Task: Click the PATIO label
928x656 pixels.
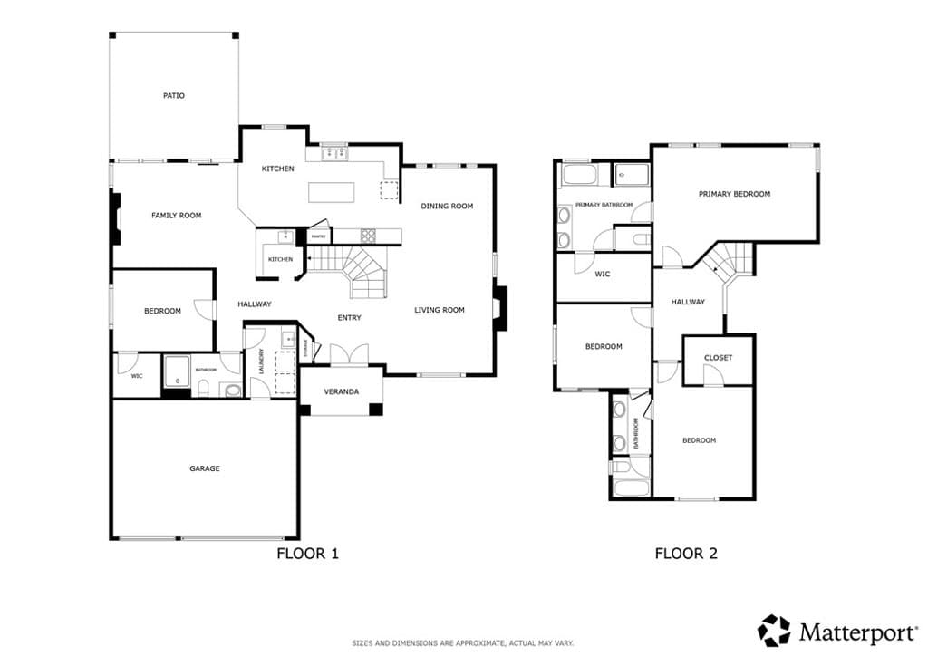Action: (174, 95)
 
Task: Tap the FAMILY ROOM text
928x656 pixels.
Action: (176, 216)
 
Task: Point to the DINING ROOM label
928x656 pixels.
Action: (447, 207)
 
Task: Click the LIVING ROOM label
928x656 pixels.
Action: (440, 311)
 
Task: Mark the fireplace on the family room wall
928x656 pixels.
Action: (115, 218)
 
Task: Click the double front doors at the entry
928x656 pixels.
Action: (349, 354)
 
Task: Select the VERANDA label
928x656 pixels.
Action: (342, 392)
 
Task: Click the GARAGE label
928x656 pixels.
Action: (205, 469)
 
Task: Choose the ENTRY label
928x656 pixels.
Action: (349, 318)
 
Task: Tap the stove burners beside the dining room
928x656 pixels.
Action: (369, 236)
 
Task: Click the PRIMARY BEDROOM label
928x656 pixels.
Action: (734, 194)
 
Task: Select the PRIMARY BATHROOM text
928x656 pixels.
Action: (604, 205)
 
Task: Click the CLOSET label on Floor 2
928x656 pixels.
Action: (718, 358)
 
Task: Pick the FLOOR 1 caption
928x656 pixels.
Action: (307, 553)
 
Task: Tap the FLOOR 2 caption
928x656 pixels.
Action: (686, 553)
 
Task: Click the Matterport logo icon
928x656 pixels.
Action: (774, 630)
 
